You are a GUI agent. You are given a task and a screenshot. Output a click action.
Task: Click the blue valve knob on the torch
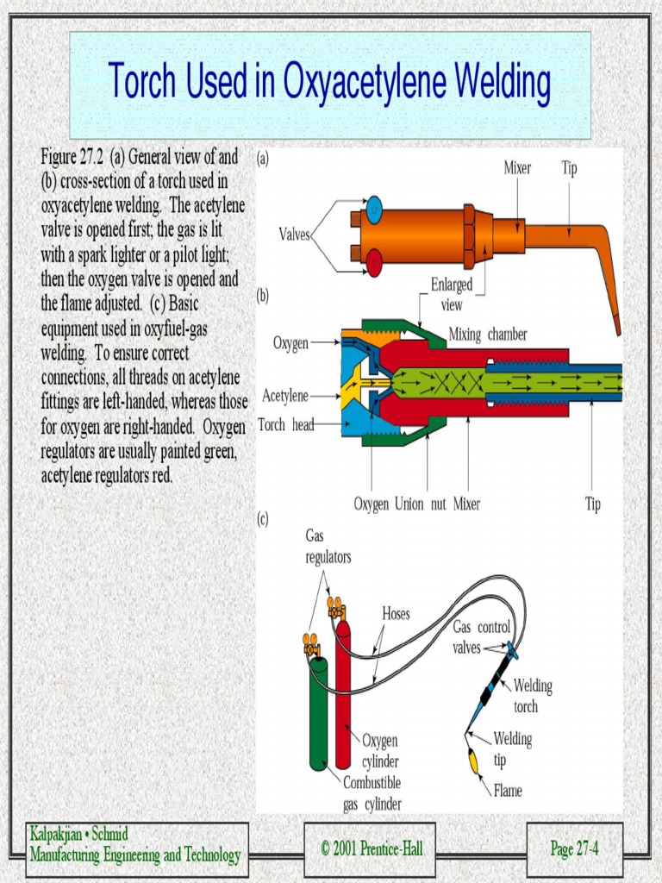(x=374, y=209)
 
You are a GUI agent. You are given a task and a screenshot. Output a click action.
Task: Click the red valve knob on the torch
(x=374, y=262)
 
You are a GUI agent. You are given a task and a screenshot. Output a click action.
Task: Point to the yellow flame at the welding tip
(x=473, y=761)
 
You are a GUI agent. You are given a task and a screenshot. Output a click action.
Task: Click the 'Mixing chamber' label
(x=487, y=335)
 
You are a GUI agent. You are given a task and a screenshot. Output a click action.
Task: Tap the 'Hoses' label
(x=396, y=614)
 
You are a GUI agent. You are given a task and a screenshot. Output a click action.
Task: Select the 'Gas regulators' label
(x=328, y=547)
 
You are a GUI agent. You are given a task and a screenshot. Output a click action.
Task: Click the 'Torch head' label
(x=285, y=424)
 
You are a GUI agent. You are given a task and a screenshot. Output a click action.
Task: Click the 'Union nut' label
(x=421, y=504)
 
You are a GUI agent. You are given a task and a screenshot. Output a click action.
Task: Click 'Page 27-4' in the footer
(x=574, y=849)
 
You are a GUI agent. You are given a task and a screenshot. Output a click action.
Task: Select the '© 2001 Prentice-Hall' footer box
(x=372, y=849)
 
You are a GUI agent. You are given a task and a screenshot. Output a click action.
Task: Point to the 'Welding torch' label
(x=532, y=696)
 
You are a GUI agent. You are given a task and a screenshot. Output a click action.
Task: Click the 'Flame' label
(x=508, y=790)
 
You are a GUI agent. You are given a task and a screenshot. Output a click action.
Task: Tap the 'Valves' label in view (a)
(x=295, y=234)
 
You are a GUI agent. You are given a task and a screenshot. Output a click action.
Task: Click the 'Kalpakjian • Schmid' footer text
(x=78, y=835)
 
